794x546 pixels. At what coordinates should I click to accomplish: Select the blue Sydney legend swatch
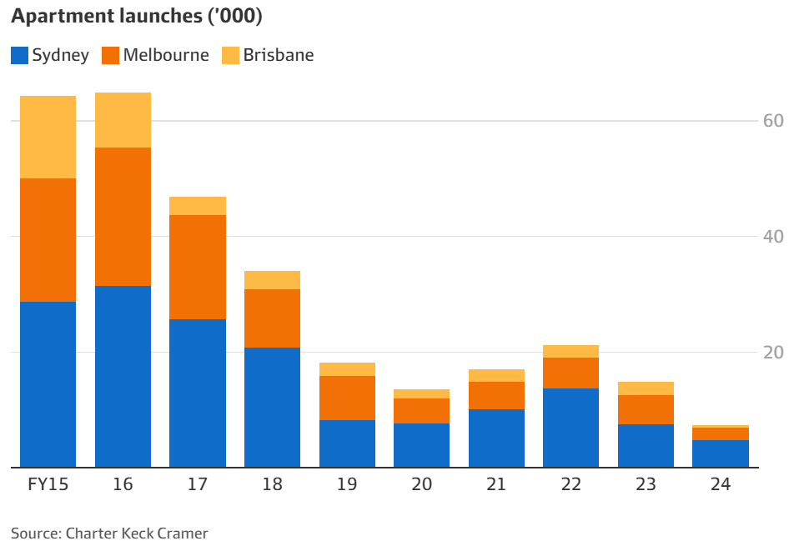pos(19,56)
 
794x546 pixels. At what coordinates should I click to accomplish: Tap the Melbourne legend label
pos(166,56)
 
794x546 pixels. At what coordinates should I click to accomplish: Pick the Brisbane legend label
pos(279,56)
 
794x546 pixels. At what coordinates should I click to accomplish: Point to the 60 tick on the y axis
pos(773,121)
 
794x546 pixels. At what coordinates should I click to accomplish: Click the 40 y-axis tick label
pos(773,237)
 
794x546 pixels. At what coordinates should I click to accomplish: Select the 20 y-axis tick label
pos(773,353)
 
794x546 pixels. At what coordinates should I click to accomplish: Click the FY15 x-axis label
pos(48,484)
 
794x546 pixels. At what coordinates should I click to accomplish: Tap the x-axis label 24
pos(721,484)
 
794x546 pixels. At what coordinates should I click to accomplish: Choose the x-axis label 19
pos(347,484)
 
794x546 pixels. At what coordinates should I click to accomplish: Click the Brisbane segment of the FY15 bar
pos(48,137)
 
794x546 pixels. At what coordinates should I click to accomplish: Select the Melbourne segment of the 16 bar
pos(123,217)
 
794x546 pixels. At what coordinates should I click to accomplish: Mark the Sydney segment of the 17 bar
pos(198,393)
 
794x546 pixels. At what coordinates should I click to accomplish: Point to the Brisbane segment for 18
pos(272,280)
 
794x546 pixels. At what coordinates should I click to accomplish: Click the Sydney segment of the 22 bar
pos(570,428)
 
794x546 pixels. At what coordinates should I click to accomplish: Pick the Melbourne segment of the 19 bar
pos(347,398)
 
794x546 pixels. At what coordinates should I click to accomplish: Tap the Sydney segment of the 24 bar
pos(721,453)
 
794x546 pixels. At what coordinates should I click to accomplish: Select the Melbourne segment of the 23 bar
pos(646,409)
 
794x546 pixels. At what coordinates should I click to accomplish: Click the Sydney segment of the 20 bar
pos(421,445)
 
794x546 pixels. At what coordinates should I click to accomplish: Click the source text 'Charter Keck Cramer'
pos(136,533)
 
